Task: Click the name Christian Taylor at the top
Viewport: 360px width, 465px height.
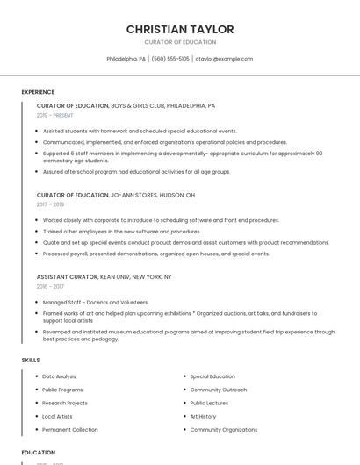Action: point(180,29)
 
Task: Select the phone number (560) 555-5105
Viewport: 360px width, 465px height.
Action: point(170,59)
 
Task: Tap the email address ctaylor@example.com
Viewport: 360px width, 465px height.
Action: point(224,59)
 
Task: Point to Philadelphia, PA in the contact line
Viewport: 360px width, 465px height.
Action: point(126,59)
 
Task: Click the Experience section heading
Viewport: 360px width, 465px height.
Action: point(38,92)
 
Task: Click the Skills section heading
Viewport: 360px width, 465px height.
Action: point(31,360)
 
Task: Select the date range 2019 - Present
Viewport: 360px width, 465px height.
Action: point(55,115)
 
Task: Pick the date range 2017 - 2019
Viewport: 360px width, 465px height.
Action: point(51,204)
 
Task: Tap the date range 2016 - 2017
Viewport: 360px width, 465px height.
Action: point(50,286)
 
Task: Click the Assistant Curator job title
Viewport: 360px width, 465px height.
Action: point(67,276)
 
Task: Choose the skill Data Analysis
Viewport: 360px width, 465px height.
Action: point(60,376)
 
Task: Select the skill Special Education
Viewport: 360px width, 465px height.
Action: point(212,376)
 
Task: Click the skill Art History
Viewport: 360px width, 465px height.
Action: point(203,416)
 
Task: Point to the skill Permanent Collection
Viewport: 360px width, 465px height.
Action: point(70,430)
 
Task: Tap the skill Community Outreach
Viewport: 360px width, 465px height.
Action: point(219,390)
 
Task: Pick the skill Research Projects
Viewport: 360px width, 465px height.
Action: point(65,403)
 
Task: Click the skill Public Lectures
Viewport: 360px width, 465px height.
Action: point(209,403)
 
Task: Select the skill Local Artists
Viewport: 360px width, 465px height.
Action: point(58,416)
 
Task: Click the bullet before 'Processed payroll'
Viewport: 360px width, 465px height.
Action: point(38,254)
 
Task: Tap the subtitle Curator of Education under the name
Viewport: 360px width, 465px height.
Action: point(180,42)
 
